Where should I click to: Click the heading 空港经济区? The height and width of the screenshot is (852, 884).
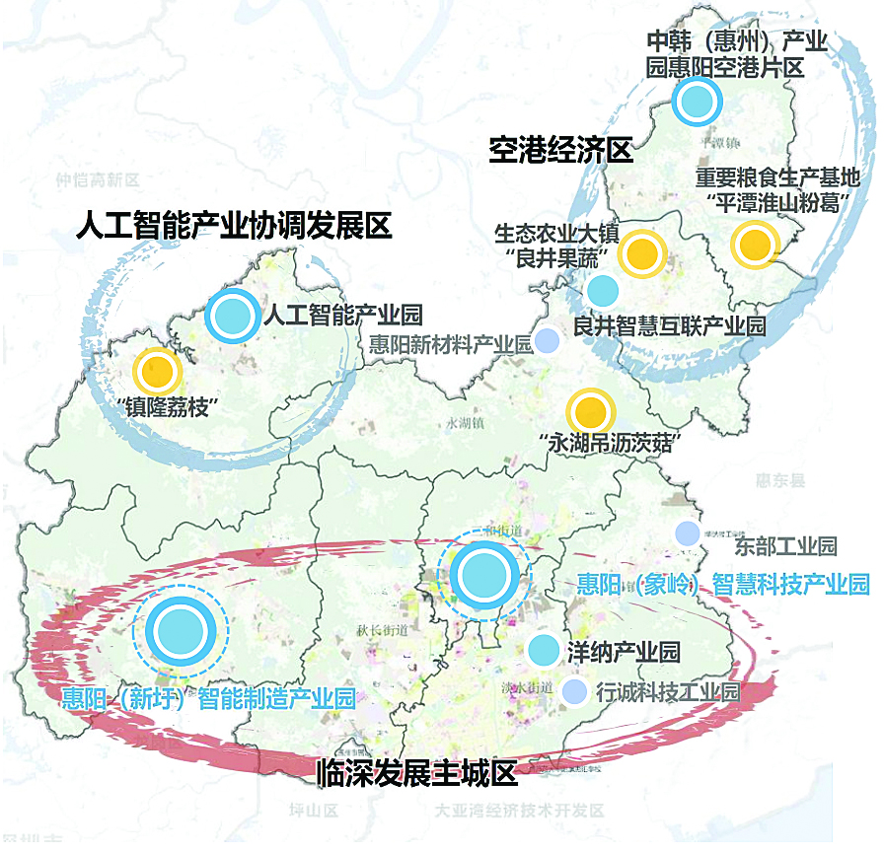[x=559, y=150]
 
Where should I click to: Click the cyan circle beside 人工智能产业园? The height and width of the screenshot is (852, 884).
[x=233, y=316]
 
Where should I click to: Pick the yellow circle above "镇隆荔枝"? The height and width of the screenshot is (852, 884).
[x=156, y=372]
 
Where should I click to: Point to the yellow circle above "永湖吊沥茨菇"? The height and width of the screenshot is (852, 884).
[x=589, y=411]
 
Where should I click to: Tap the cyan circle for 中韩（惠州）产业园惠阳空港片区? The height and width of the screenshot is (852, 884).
[x=698, y=100]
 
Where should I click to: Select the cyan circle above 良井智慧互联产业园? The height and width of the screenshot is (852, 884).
[x=602, y=290]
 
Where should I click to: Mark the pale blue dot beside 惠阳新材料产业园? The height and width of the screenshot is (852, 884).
[x=547, y=341]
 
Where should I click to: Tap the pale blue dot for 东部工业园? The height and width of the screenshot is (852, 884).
[x=687, y=532]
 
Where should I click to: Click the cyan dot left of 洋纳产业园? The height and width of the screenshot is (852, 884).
[x=543, y=650]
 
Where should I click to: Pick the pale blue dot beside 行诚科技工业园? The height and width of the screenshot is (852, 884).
[x=573, y=692]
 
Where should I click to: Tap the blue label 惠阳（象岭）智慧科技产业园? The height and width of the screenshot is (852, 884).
[x=722, y=584]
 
